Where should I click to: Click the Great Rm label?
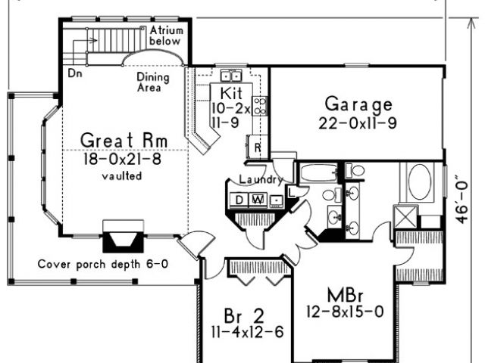point(124,141)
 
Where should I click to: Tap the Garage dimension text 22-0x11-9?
point(358,123)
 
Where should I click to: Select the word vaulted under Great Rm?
point(122,176)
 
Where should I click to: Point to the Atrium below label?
point(166,36)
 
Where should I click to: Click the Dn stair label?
point(75,73)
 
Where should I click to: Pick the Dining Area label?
point(153,82)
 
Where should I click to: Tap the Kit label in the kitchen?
point(231,93)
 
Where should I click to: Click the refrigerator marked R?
point(258,147)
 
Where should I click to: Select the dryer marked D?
point(239,200)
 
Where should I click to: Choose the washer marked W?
point(258,200)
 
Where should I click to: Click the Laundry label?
point(261,179)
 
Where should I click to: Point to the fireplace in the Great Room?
point(123,236)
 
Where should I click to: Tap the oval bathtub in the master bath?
point(419,182)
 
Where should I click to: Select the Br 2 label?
point(244,316)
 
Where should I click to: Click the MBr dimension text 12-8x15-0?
point(345,312)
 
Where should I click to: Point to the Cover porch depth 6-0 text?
point(103,264)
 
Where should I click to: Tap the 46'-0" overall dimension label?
point(462,200)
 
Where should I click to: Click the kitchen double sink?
point(231,76)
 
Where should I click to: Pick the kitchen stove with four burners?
point(259,106)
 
